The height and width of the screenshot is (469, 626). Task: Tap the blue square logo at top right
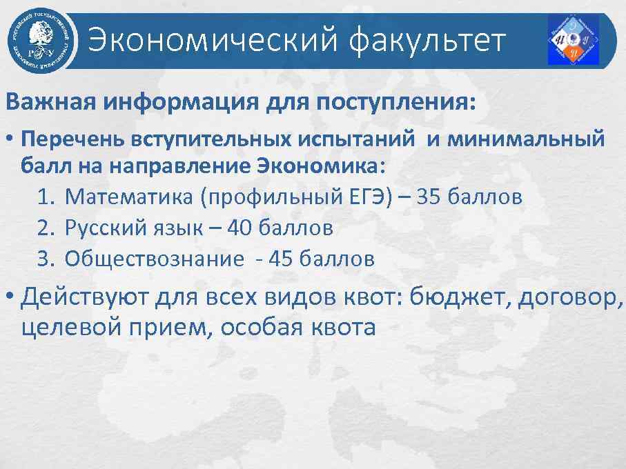tap(573, 40)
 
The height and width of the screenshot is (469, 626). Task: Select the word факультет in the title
tap(428, 41)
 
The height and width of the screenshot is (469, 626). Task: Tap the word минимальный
tap(526, 139)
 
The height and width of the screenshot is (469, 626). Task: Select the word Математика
tap(130, 197)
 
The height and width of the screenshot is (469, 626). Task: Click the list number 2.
tap(46, 228)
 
